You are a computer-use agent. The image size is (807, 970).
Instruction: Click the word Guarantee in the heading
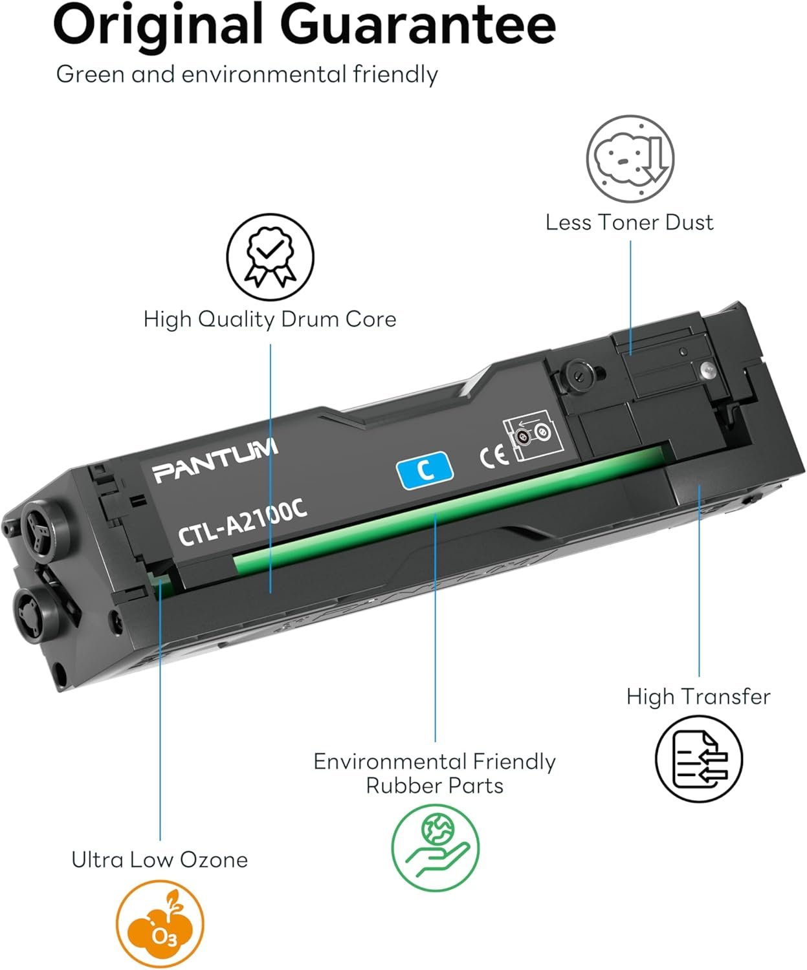417,24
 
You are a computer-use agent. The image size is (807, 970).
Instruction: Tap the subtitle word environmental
264,74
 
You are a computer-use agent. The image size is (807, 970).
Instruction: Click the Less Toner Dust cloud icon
630,158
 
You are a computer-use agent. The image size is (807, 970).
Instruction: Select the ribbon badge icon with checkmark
270,257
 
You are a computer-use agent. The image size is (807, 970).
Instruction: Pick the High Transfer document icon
699,758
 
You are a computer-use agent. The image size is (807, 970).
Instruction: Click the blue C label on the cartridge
425,470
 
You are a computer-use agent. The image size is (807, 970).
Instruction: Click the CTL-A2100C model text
243,522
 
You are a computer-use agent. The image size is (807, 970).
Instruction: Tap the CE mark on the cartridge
494,456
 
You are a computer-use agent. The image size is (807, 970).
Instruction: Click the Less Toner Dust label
630,222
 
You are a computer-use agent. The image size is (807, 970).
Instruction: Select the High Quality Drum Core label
270,319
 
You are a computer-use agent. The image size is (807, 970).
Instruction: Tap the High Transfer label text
698,697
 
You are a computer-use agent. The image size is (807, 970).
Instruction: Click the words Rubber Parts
435,786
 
